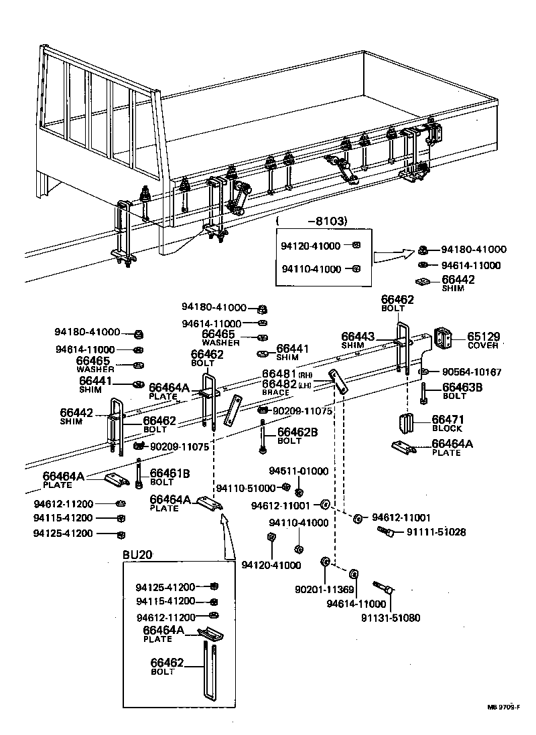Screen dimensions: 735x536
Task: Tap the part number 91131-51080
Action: point(393,618)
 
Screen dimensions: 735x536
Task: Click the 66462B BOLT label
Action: point(297,434)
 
